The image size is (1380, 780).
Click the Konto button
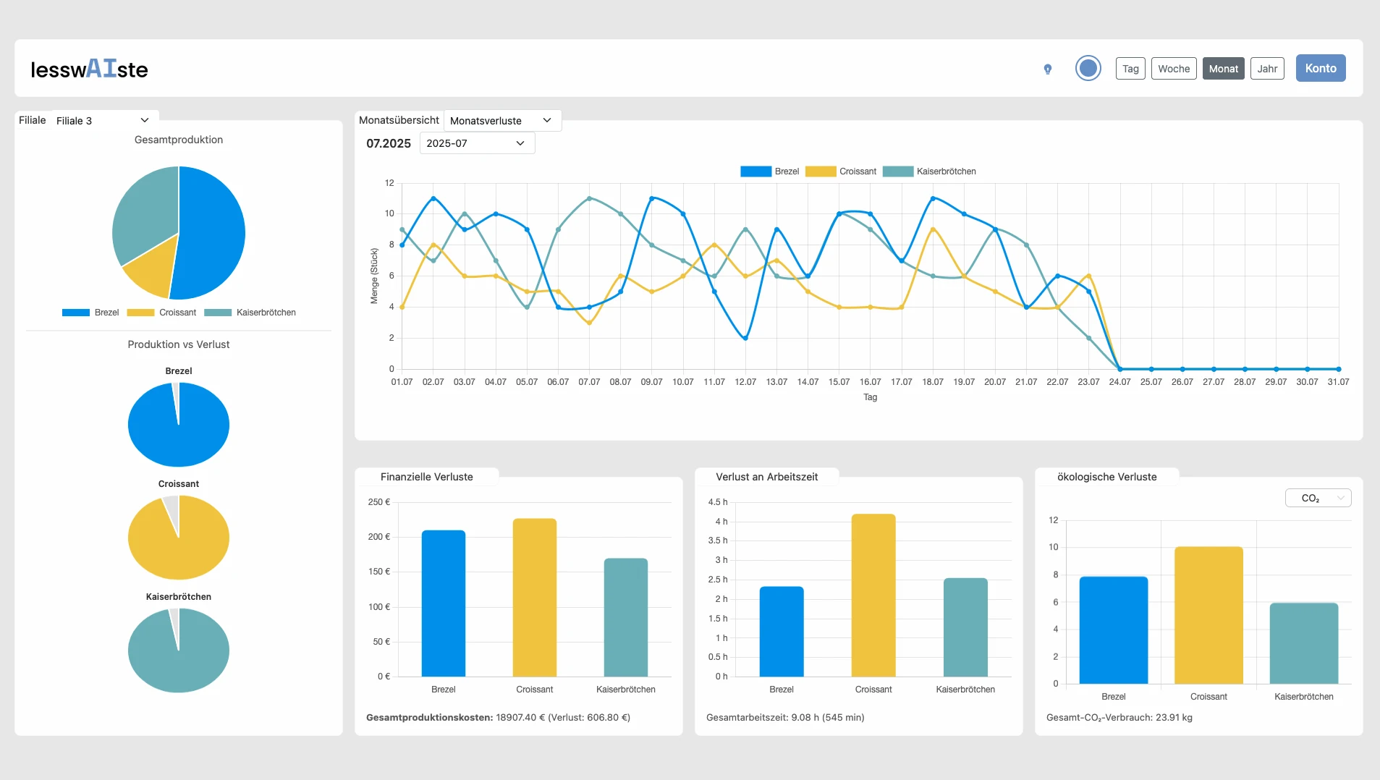pyautogui.click(x=1320, y=68)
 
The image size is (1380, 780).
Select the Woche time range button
pyautogui.click(x=1173, y=69)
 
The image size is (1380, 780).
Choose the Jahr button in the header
pyautogui.click(x=1266, y=69)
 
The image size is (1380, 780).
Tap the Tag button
pyautogui.click(x=1130, y=69)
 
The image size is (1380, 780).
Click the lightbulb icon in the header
pyautogui.click(x=1047, y=69)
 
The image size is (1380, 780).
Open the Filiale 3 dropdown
pyautogui.click(x=103, y=120)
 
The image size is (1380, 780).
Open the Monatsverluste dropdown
pyautogui.click(x=501, y=120)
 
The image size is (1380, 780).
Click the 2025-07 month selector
pyautogui.click(x=476, y=143)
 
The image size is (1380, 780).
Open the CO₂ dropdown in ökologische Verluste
pyautogui.click(x=1318, y=498)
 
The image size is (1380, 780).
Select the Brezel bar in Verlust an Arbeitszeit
pyautogui.click(x=781, y=631)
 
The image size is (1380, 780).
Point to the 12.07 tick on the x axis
pyautogui.click(x=745, y=382)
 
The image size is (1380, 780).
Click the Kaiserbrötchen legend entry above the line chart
pyautogui.click(x=930, y=171)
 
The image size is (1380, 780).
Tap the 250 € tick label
pyautogui.click(x=378, y=502)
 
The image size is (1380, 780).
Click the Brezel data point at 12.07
pyautogui.click(x=745, y=338)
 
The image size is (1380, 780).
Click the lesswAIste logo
pyautogui.click(x=89, y=69)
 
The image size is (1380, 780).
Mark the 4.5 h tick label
pyautogui.click(x=717, y=502)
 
